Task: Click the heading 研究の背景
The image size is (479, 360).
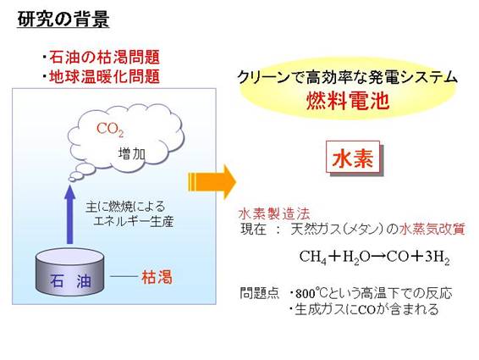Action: (x=63, y=19)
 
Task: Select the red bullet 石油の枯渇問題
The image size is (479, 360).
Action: (x=104, y=58)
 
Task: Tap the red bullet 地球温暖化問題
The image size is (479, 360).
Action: (x=104, y=76)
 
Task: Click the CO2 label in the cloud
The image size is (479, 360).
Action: (x=110, y=130)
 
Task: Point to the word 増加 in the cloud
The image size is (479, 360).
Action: (x=132, y=153)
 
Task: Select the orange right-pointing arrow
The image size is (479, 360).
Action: (x=212, y=182)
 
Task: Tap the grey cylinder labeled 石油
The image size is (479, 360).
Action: (x=70, y=272)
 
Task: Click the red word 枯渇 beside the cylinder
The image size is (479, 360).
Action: (x=157, y=277)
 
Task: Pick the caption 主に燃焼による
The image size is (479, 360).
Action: (x=125, y=207)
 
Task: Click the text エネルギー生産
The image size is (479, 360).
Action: (x=134, y=221)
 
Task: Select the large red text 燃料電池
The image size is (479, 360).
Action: (x=348, y=101)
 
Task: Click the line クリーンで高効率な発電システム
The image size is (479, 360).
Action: (x=347, y=77)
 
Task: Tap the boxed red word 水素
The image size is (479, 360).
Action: (x=353, y=158)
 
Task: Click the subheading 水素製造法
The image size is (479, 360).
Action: (x=274, y=213)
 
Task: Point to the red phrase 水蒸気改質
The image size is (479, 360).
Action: (x=432, y=229)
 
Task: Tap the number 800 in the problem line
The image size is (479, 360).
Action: (x=305, y=294)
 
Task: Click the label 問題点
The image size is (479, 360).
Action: (x=260, y=293)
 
